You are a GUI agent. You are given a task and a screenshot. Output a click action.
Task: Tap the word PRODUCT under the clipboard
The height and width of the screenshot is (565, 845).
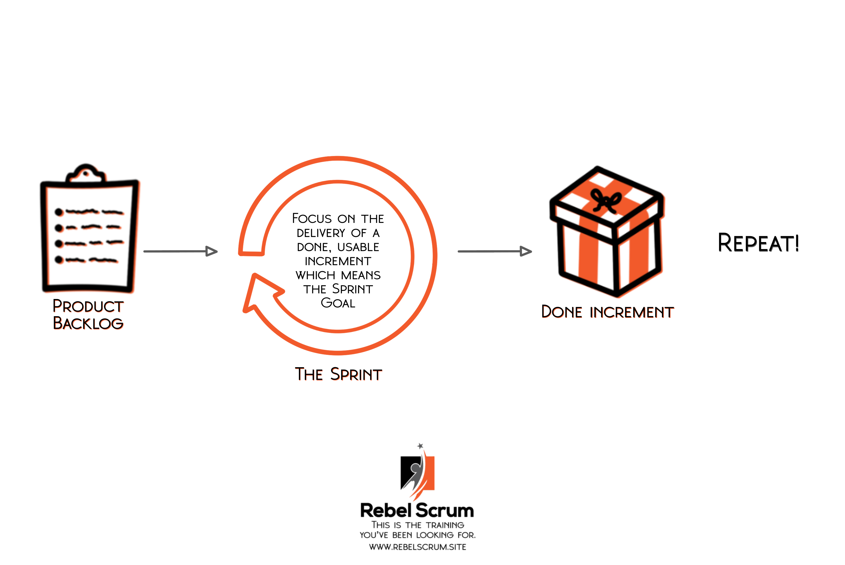[88, 306]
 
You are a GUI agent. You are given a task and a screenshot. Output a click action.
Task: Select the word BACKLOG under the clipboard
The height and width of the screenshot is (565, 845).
[88, 323]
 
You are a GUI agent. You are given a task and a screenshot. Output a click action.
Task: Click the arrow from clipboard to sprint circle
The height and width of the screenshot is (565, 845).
[180, 251]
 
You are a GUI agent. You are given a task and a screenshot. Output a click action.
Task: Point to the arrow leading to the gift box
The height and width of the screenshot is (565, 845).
[495, 251]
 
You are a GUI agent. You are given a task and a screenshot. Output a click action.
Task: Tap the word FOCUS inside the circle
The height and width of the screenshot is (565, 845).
[312, 219]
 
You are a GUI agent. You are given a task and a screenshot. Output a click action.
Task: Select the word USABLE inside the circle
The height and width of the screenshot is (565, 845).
[358, 247]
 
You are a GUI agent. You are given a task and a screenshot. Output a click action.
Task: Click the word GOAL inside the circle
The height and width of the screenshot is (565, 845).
[338, 303]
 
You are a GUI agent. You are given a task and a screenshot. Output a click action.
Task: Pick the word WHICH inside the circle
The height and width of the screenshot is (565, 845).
[315, 275]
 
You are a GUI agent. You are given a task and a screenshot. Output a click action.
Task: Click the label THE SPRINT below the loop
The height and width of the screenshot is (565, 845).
[338, 375]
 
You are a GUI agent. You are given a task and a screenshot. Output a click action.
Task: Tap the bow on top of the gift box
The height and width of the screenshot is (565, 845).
[606, 200]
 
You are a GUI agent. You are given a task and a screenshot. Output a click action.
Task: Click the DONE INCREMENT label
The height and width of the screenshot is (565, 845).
[607, 312]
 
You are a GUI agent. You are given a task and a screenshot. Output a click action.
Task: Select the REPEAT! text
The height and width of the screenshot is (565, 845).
[758, 243]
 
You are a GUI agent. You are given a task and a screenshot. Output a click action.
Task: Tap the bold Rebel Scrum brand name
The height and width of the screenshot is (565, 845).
[417, 511]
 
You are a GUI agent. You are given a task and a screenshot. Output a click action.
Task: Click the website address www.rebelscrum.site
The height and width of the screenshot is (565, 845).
[417, 547]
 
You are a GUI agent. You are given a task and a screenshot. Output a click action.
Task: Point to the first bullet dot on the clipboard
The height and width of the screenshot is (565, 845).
[59, 212]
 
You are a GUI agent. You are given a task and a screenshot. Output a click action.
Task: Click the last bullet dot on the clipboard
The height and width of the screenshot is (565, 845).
[59, 260]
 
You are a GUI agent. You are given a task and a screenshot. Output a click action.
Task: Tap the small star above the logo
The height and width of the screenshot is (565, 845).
[420, 446]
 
